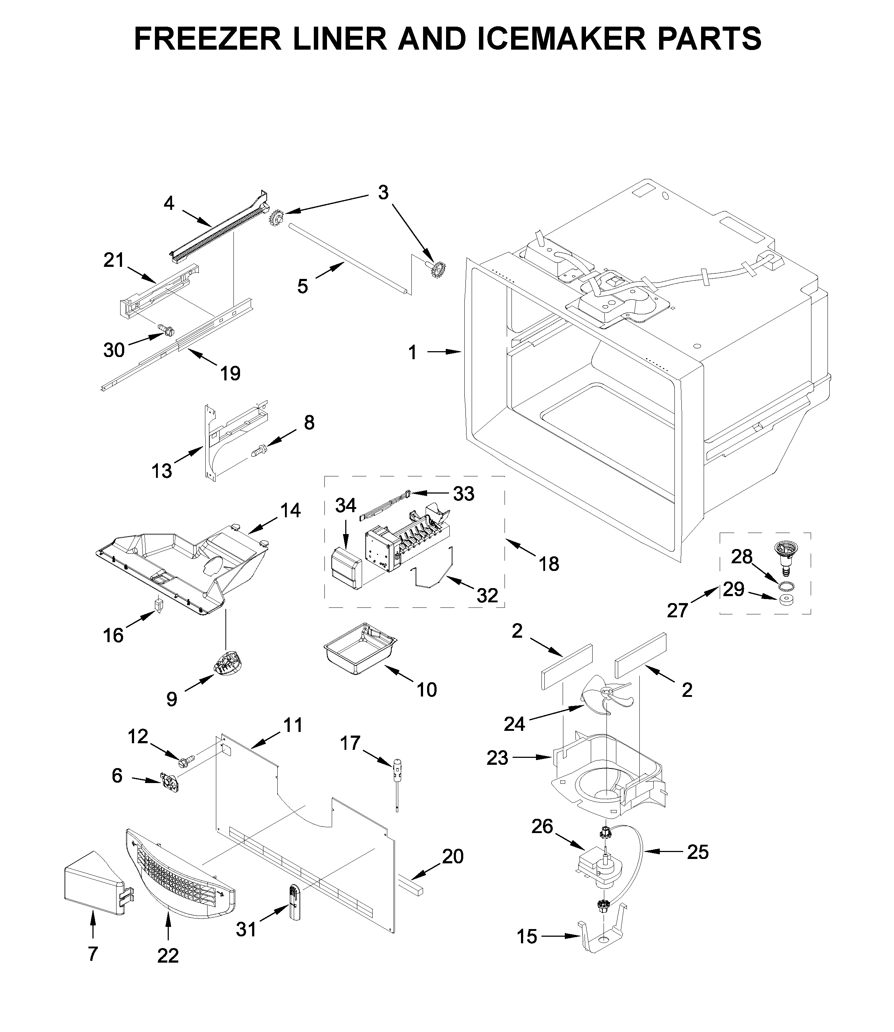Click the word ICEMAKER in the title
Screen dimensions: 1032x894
[563, 38]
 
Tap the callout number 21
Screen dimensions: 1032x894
[113, 260]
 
